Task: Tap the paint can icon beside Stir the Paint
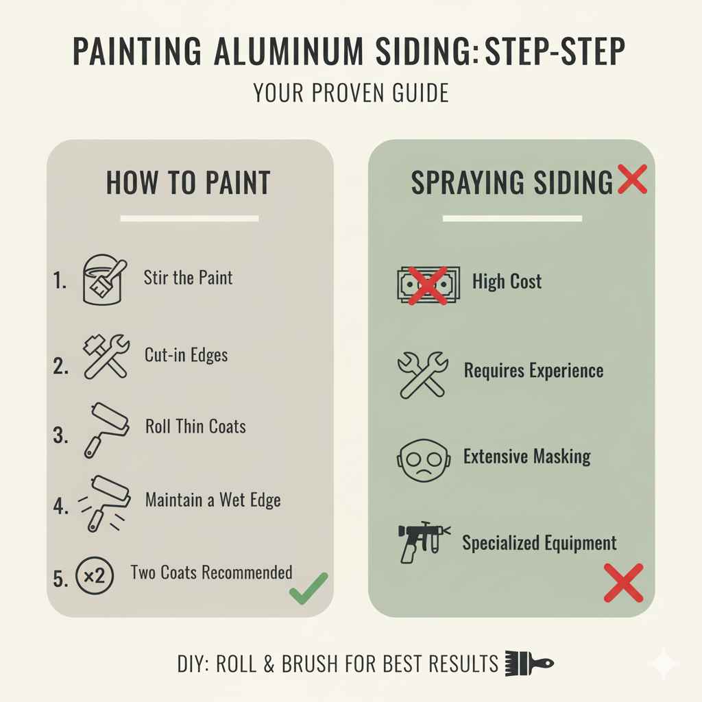tap(103, 280)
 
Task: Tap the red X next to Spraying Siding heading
tap(631, 180)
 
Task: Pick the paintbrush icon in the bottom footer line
tap(529, 664)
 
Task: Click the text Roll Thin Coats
tap(195, 426)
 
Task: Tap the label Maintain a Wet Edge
tap(213, 500)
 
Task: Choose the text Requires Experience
tap(533, 371)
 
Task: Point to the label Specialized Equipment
tap(540, 544)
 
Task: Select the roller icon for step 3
tap(106, 428)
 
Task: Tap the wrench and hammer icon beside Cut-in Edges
tap(105, 356)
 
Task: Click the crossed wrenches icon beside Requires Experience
tap(422, 374)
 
